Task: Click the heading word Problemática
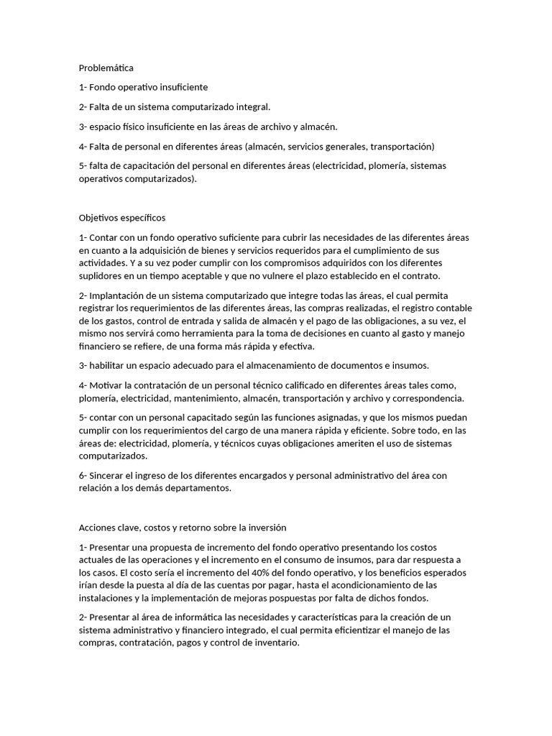106,68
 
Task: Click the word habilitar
109,365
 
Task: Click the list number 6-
83,475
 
